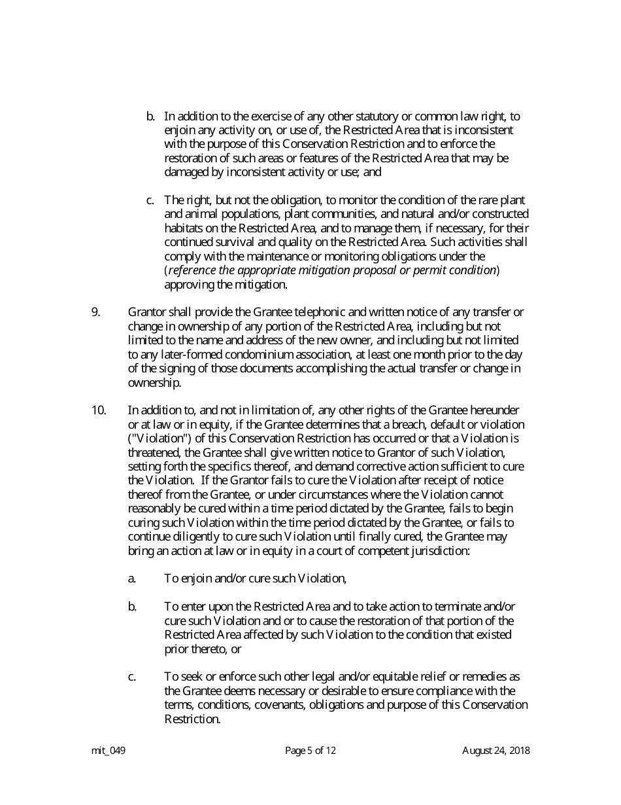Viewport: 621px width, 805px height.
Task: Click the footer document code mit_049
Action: pos(109,751)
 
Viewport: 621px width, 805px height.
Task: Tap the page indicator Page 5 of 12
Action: pos(310,751)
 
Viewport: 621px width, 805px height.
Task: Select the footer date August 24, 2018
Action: pos(495,751)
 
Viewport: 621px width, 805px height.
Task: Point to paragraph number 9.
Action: pos(95,312)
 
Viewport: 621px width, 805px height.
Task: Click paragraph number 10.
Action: pos(99,410)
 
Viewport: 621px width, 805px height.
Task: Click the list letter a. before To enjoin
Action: pos(132,579)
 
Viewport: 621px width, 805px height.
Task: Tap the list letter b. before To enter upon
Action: pos(132,607)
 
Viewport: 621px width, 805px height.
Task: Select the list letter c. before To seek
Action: pos(132,677)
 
